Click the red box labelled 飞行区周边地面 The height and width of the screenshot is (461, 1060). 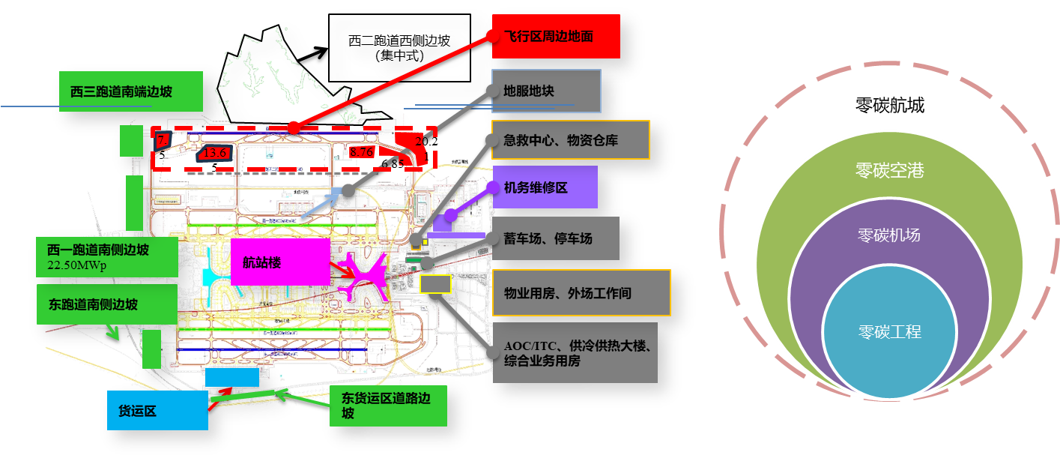[555, 36]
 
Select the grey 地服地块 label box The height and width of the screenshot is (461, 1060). [546, 91]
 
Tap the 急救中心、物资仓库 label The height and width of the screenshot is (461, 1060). [570, 140]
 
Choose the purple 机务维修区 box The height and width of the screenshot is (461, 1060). [545, 187]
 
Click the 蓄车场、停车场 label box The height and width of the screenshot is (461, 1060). [554, 238]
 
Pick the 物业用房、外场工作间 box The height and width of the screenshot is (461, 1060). [581, 293]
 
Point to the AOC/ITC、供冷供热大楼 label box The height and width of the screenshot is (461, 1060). [575, 353]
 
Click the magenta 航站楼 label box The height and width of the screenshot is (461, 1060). [280, 262]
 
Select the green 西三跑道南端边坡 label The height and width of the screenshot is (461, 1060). [131, 92]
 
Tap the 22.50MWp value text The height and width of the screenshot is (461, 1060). [78, 265]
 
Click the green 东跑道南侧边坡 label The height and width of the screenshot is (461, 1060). [97, 304]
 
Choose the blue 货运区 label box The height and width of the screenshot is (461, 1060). [157, 411]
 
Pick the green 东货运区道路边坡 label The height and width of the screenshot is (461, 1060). [387, 406]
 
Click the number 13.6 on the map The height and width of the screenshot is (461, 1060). [215, 153]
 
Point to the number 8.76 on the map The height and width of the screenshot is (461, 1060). [361, 152]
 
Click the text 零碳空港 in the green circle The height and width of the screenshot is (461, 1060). [889, 171]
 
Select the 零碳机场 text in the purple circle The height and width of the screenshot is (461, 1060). [889, 235]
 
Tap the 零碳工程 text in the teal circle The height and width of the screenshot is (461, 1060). [889, 331]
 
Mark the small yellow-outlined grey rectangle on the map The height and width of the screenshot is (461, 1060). [434, 284]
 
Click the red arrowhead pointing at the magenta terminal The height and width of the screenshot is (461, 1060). [350, 274]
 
